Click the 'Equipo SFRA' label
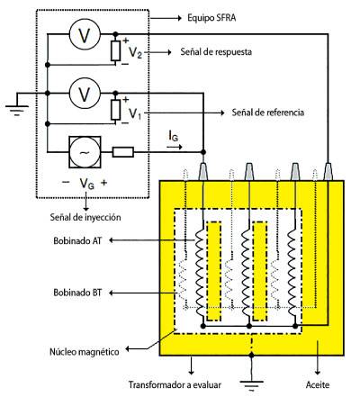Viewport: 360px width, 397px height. point(211,18)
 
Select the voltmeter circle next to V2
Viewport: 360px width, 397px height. point(85,35)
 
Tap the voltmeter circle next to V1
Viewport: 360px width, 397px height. point(85,94)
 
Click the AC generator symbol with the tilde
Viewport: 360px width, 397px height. point(85,152)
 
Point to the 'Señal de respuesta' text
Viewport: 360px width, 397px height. point(216,52)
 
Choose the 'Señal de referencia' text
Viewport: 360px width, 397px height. point(268,113)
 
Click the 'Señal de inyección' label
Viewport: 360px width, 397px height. point(85,217)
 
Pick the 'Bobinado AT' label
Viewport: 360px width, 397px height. point(77,240)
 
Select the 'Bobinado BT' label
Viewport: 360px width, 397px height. point(77,293)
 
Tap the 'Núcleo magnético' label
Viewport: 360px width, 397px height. point(85,351)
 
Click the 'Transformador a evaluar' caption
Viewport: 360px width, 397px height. point(175,384)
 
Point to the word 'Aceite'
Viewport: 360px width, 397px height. point(318,384)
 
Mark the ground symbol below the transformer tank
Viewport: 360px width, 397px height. point(251,385)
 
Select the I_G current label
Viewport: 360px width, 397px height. point(174,137)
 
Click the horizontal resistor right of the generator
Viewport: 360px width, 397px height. point(123,152)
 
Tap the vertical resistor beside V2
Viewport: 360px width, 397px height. point(115,51)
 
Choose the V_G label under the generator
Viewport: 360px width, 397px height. point(86,183)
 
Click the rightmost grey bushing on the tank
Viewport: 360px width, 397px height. point(328,172)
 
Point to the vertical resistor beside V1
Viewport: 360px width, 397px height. point(115,110)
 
